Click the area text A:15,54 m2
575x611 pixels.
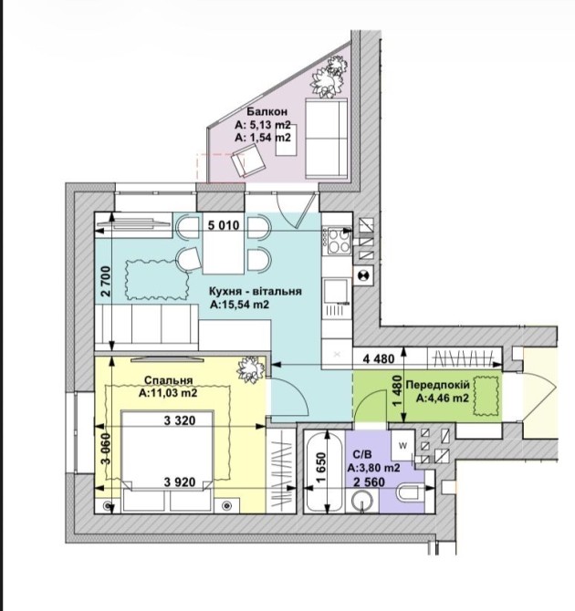tap(238, 306)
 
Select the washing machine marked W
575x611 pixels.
tap(402, 446)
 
